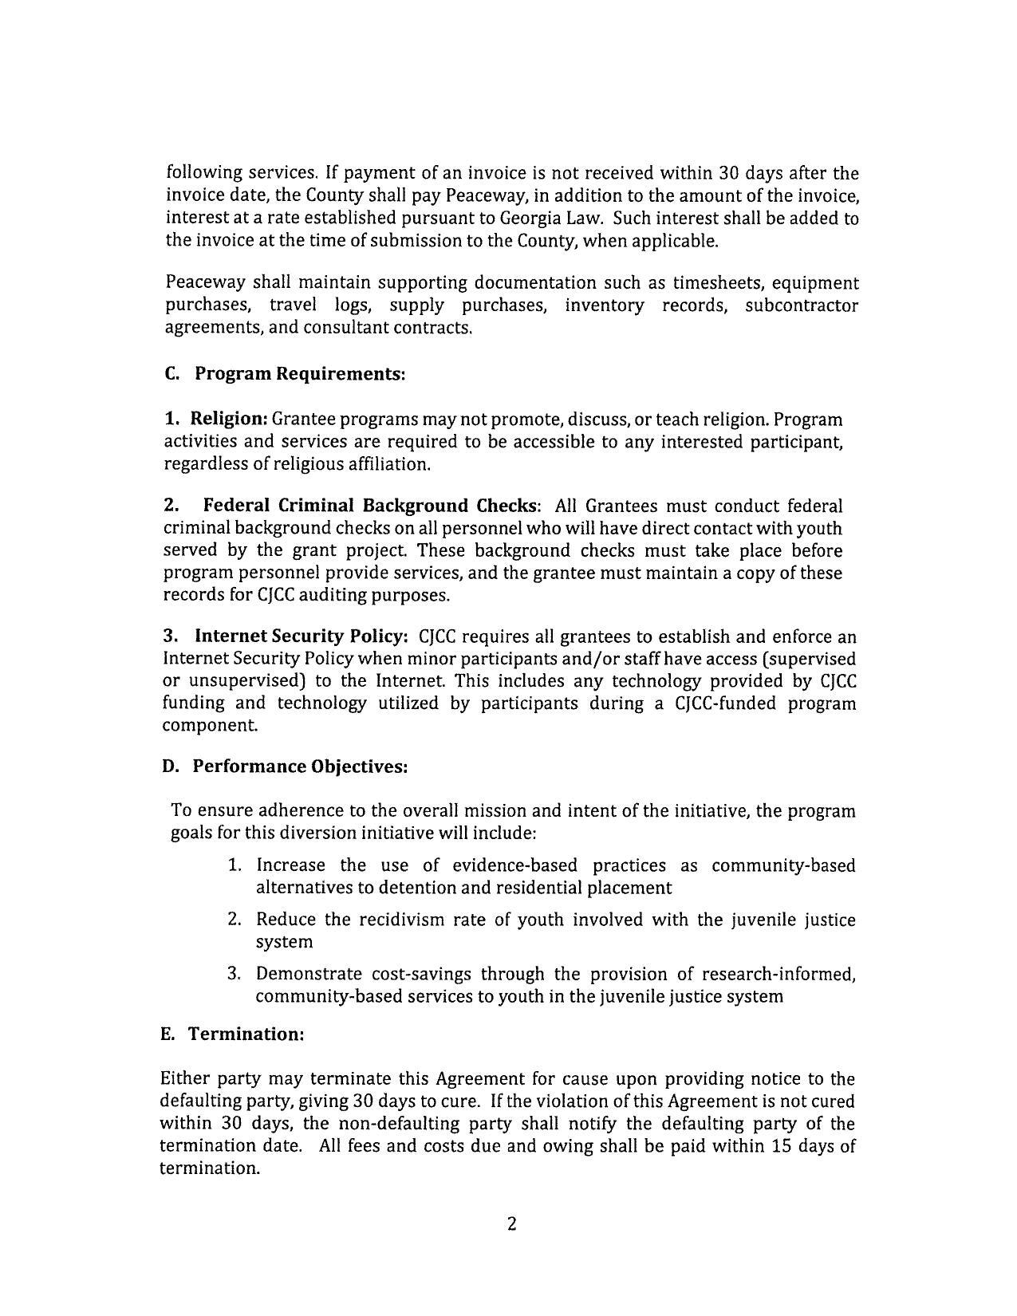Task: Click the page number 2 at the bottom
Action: tap(511, 1224)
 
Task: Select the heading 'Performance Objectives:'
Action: tap(300, 766)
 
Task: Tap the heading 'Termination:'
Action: tap(246, 1034)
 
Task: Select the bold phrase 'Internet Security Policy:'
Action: tap(302, 636)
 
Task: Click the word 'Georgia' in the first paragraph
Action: tap(530, 218)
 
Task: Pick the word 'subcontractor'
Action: tap(801, 305)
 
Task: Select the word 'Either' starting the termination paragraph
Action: tap(185, 1079)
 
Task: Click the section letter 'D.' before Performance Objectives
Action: tap(171, 766)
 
